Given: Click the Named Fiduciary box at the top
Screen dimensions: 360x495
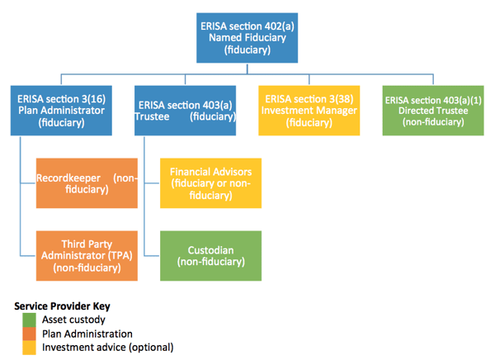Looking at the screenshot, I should pyautogui.click(x=247, y=37).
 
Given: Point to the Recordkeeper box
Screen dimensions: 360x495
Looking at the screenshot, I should pyautogui.click(x=86, y=182).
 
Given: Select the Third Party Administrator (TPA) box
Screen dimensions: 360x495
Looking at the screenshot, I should pyautogui.click(x=86, y=255).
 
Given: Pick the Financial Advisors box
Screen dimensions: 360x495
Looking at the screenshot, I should pyautogui.click(x=210, y=182).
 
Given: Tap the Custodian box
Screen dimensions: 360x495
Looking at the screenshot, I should pyautogui.click(x=210, y=255).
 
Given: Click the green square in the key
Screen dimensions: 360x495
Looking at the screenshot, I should pyautogui.click(x=30, y=319).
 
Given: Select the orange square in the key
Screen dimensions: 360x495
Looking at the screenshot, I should pyautogui.click(x=30, y=333).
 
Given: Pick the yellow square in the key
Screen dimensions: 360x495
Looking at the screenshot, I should pyautogui.click(x=30, y=347).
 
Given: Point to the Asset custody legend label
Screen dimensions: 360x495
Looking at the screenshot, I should pyautogui.click(x=74, y=320).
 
